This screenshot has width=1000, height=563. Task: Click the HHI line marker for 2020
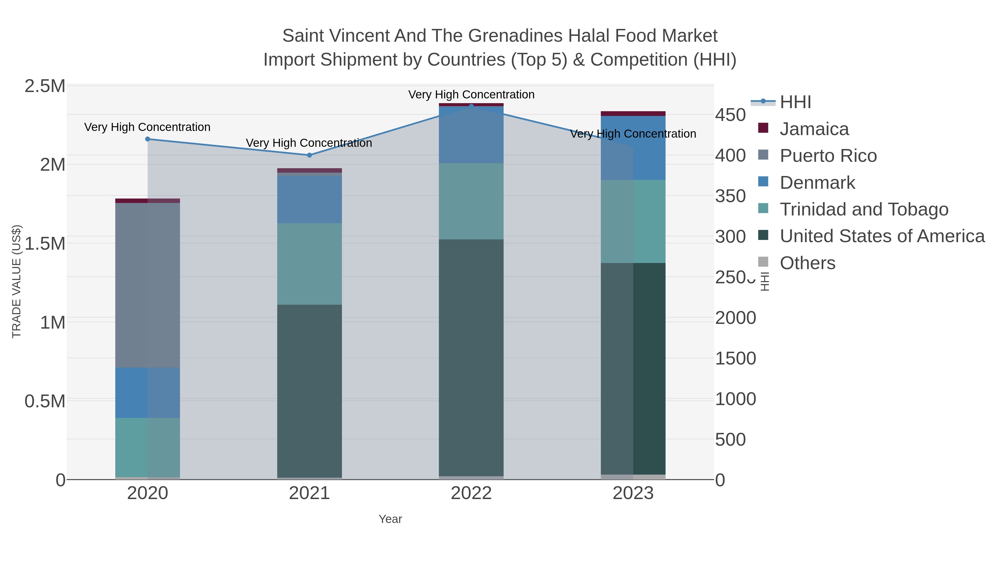(147, 139)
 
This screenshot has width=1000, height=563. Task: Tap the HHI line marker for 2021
(309, 155)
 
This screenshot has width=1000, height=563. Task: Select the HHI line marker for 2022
(471, 106)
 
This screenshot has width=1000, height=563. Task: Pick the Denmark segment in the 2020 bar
(147, 392)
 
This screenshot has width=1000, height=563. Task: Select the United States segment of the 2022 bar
(471, 358)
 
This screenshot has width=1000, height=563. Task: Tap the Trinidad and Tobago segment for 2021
(309, 264)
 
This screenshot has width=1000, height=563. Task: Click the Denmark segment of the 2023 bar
(633, 148)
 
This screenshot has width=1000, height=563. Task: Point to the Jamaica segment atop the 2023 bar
(633, 113)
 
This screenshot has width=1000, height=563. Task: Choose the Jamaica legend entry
(814, 129)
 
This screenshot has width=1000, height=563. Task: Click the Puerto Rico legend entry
(828, 156)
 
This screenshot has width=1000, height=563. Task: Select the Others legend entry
(807, 263)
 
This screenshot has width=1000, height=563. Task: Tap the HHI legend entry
(796, 102)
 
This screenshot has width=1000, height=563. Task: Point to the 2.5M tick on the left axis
(45, 86)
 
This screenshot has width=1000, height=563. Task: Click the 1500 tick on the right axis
(735, 358)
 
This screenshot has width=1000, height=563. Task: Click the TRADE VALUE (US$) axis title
(16, 281)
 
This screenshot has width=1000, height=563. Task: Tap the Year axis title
(390, 519)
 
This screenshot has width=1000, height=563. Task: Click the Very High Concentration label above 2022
(471, 95)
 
